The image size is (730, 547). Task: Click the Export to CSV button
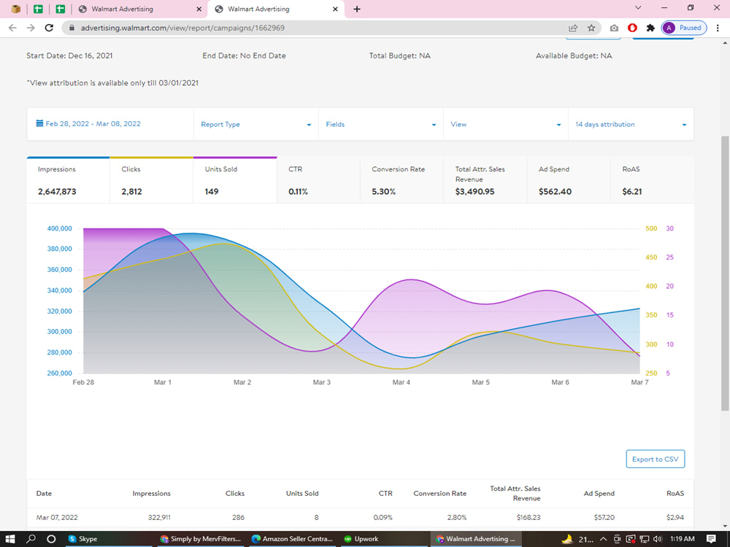pos(655,459)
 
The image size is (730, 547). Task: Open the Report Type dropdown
pos(255,124)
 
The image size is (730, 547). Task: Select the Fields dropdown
pos(380,124)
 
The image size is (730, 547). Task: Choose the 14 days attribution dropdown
pos(631,124)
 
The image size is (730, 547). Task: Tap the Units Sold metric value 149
pos(212,192)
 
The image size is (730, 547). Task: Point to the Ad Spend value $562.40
pos(555,192)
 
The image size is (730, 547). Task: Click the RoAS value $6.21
pos(631,192)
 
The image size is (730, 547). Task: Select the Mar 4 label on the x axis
pos(401,382)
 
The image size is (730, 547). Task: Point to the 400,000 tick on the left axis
pos(60,228)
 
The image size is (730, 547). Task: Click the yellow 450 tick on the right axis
pos(651,257)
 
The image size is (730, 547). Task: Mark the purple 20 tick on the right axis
pos(670,286)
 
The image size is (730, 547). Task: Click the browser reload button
pos(49,28)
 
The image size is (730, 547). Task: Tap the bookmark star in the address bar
pos(591,28)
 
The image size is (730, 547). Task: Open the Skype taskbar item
pos(83,539)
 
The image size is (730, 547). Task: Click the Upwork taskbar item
pos(361,539)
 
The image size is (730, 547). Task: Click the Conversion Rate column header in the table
pos(440,494)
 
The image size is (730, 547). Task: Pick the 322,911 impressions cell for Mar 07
pos(159,517)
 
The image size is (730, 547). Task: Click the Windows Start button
pos(9,539)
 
